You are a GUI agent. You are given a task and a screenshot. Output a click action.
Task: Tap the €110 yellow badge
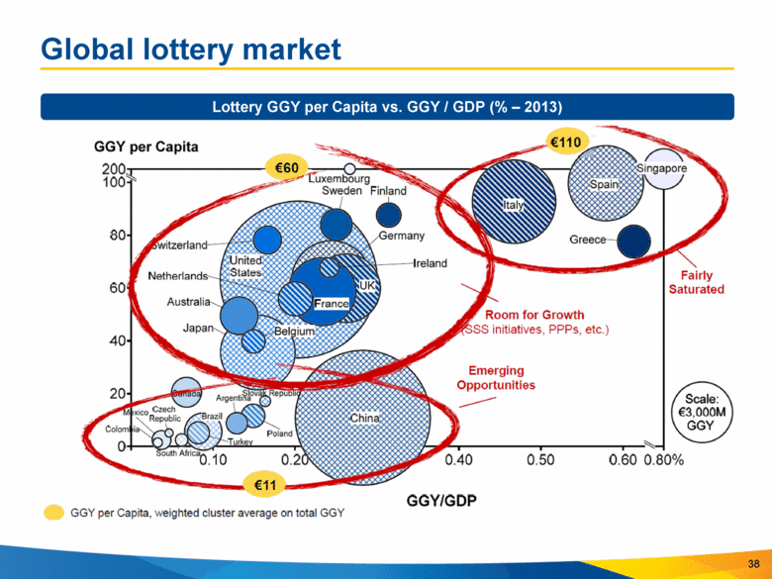coord(566,144)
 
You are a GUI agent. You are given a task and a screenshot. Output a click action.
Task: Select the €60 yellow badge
coord(286,168)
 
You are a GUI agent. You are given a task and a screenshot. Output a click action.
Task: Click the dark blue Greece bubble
coord(633,241)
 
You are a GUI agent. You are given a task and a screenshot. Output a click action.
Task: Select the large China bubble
coord(362,419)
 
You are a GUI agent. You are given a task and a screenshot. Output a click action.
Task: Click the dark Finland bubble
coord(388,214)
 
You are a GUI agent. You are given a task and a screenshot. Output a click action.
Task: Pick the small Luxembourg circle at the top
coord(349,169)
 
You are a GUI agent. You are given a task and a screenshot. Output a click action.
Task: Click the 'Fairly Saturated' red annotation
coord(696,282)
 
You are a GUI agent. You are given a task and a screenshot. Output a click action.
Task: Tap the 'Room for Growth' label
coord(533,315)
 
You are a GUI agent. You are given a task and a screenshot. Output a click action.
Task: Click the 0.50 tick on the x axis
coord(540,460)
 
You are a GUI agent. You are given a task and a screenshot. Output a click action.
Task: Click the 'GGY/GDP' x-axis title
coord(442,500)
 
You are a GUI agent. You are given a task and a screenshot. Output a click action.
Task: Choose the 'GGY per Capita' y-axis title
coord(145,146)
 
